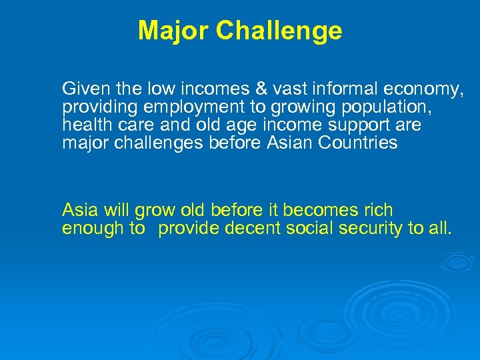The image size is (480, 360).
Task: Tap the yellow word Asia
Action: [79, 211]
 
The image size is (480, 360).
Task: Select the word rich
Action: [379, 211]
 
